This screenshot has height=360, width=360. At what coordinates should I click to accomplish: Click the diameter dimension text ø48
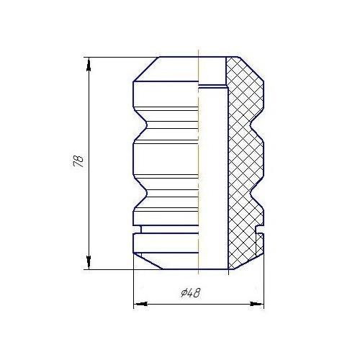pos(191,293)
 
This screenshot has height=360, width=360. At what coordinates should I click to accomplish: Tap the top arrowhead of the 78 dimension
pos(89,62)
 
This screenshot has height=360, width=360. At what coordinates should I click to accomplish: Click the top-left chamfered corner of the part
pos(144,68)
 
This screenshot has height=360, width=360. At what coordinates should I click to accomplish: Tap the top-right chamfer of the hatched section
pos(252,68)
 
